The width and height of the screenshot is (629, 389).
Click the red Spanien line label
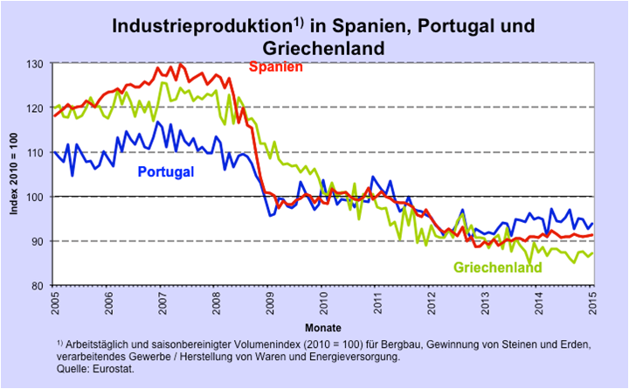click(277, 66)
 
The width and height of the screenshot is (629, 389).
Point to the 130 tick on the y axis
click(37, 65)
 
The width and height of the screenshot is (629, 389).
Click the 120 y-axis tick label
click(37, 108)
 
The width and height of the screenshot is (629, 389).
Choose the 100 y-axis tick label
click(37, 198)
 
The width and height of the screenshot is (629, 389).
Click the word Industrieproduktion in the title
click(191, 27)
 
